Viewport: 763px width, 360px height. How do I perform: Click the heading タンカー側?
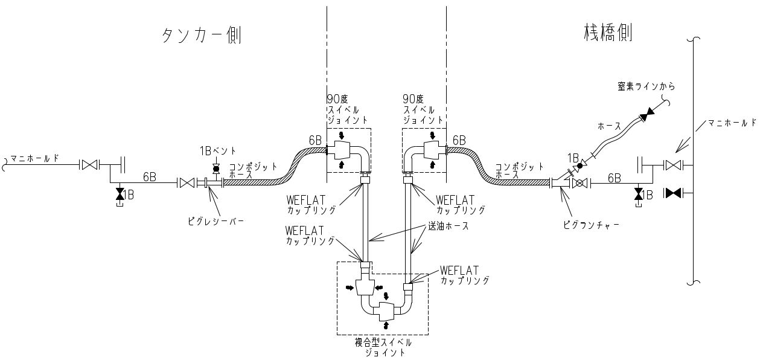[x=202, y=36]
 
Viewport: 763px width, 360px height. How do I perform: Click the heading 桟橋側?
[x=608, y=32]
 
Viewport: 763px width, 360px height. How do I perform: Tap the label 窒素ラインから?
[x=646, y=86]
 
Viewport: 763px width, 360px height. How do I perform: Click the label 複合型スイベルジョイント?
[x=383, y=347]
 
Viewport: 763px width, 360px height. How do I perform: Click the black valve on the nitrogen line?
[x=648, y=113]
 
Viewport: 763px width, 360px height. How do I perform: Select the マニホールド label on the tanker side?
[x=36, y=158]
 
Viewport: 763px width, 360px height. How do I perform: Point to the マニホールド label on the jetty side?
[x=732, y=123]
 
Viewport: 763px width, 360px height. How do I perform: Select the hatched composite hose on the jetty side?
[x=501, y=172]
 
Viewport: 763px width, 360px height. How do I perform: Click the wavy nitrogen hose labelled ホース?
[x=616, y=138]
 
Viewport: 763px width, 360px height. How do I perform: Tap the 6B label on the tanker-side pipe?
[x=150, y=177]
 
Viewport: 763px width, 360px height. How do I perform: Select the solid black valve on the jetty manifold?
[x=673, y=193]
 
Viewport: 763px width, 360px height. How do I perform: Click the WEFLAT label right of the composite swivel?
[x=459, y=269]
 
